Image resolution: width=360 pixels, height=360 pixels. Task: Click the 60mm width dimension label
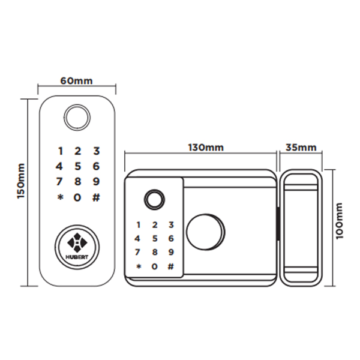(x=76, y=81)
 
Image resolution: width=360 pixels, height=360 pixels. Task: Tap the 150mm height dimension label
(x=21, y=181)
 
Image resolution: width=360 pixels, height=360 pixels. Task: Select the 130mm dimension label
(x=206, y=148)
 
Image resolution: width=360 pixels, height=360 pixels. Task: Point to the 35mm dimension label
(x=301, y=148)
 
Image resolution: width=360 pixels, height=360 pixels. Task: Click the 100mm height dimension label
(x=339, y=221)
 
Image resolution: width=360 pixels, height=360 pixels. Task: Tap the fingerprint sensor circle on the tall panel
(x=77, y=118)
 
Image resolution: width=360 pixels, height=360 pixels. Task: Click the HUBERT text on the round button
(x=77, y=257)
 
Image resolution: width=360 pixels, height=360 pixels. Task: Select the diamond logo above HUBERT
(x=77, y=242)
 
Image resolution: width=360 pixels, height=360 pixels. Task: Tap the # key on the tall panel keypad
(x=96, y=197)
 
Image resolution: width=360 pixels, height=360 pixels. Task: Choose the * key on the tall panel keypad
(x=60, y=197)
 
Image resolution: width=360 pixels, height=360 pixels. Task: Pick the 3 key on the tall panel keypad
(x=97, y=151)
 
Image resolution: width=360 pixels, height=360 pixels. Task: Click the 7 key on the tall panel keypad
(x=59, y=182)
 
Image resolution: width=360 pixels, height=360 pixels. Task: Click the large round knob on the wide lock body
(x=205, y=232)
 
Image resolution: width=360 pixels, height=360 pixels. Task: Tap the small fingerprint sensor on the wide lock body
(x=154, y=199)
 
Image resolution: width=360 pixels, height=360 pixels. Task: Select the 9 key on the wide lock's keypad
(x=171, y=252)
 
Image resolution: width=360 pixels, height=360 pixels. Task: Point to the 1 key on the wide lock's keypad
(x=138, y=225)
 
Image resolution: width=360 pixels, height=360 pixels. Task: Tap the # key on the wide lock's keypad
(x=171, y=266)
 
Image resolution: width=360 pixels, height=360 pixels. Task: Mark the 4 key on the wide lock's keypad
(x=137, y=239)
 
